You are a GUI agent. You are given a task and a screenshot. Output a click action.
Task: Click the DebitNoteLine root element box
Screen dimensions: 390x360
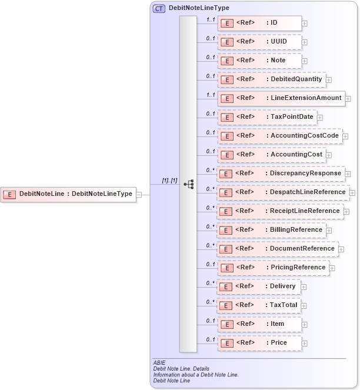tap(69, 194)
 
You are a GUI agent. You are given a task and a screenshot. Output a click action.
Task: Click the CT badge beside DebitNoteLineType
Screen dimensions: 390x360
tap(159, 8)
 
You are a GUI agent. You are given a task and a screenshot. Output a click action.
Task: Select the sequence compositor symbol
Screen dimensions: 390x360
tap(188, 184)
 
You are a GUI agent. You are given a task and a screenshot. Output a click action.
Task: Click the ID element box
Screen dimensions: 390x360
tap(259, 24)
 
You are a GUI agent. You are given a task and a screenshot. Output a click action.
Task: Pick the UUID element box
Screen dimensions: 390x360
tap(259, 42)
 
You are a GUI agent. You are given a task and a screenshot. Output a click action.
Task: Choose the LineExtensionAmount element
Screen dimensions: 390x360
tap(281, 98)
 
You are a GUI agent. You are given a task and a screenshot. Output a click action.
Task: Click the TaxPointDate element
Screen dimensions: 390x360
tap(267, 117)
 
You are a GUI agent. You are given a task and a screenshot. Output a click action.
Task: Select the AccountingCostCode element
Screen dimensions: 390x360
tap(279, 136)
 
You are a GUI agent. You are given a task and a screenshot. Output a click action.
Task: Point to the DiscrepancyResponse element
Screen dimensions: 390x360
tap(281, 174)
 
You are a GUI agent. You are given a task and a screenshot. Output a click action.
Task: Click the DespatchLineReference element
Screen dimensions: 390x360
tap(283, 192)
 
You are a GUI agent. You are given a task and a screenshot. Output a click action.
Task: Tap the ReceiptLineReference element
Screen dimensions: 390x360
tap(280, 211)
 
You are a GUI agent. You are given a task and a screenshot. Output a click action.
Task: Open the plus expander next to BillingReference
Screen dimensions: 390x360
tap(329, 231)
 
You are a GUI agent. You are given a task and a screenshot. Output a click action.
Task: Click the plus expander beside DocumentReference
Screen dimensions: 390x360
tap(342, 249)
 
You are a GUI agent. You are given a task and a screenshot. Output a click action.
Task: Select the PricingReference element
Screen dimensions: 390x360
tap(273, 268)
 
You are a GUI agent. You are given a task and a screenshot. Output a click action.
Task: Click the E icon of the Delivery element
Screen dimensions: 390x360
tap(226, 286)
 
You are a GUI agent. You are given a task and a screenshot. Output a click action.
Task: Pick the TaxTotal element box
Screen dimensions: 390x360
tap(259, 305)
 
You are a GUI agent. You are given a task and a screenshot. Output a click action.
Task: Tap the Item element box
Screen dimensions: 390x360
tap(259, 324)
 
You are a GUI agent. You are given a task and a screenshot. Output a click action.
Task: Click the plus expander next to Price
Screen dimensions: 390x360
tap(305, 343)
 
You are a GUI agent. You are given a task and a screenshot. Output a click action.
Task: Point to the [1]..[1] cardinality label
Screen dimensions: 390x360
tap(169, 180)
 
